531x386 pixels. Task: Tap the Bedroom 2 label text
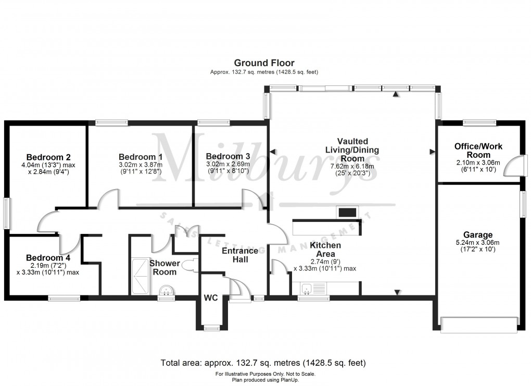tap(48, 157)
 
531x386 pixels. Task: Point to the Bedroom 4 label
tap(48, 258)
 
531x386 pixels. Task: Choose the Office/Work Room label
tap(478, 151)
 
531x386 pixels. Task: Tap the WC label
tap(211, 298)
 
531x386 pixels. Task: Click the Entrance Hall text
tap(240, 255)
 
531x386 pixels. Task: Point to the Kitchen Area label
tap(325, 249)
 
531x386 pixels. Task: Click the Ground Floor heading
tap(264, 63)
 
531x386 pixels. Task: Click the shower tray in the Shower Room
tap(140, 277)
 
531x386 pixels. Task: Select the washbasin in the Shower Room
tap(167, 290)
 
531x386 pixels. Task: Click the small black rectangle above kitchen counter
tap(347, 212)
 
